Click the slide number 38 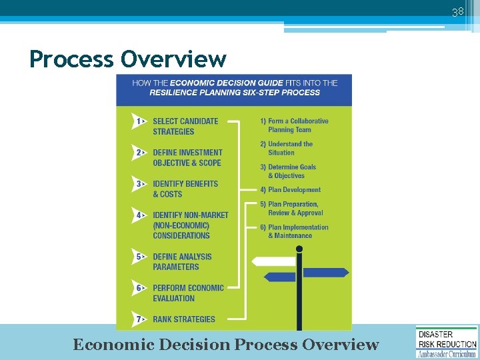[x=457, y=12]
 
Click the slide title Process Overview [x=128, y=59]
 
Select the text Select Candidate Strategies [x=185, y=126]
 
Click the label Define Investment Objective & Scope [x=187, y=157]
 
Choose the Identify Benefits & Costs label [x=185, y=189]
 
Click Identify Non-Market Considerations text [x=190, y=225]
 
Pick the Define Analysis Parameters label [x=182, y=261]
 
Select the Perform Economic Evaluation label [x=188, y=293]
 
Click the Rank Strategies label [x=184, y=319]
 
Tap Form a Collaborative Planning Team [x=294, y=125]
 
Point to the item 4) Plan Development [x=291, y=190]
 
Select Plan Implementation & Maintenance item [x=294, y=231]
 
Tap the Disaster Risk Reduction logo [x=447, y=341]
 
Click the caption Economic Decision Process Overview [x=225, y=345]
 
